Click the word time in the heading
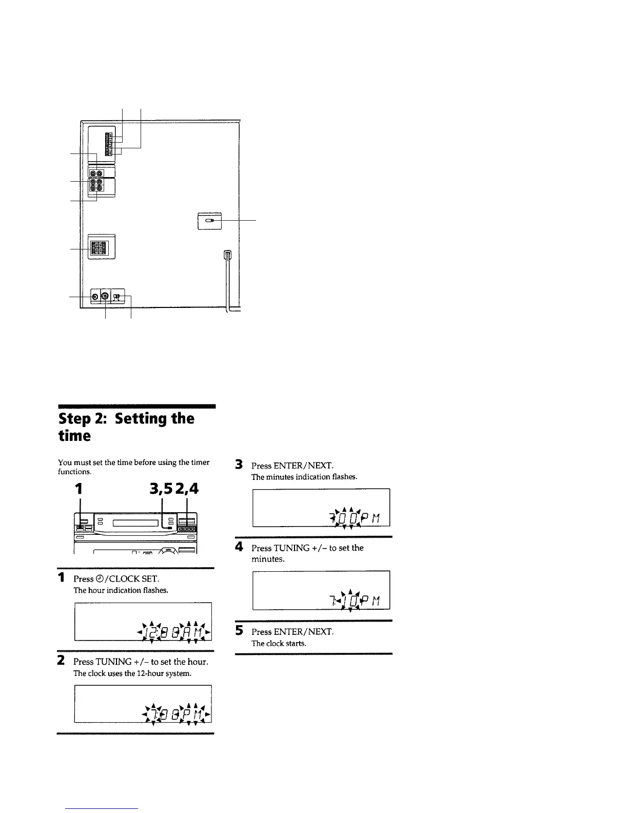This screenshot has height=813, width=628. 74,436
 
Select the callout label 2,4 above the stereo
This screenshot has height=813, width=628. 186,489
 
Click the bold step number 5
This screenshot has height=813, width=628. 239,631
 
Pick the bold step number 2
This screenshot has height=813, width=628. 61,661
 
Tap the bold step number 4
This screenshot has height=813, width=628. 239,547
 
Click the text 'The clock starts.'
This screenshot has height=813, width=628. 279,644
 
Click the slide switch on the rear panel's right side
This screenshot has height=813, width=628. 209,220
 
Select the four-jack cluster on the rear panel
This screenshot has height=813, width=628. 96,185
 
